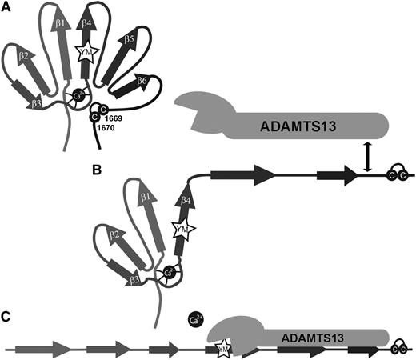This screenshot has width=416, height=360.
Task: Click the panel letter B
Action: pyautogui.click(x=95, y=170)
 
